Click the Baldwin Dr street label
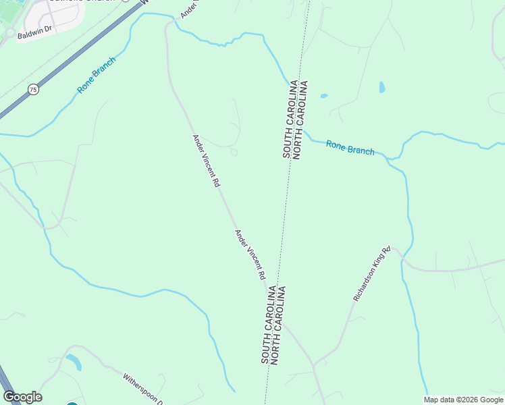tap(34, 33)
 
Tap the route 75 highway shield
tap(33, 89)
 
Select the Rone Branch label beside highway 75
tap(97, 75)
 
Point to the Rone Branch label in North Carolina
tap(350, 147)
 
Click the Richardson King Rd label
tap(372, 274)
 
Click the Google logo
tap(22, 397)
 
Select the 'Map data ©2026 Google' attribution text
tap(464, 400)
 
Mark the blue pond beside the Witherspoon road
tap(74, 362)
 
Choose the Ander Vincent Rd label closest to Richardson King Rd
tap(250, 254)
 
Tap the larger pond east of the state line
tap(382, 87)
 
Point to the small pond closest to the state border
tap(323, 96)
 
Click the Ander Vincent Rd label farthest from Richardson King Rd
tap(207, 161)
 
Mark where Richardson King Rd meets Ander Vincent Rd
tap(313, 365)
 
